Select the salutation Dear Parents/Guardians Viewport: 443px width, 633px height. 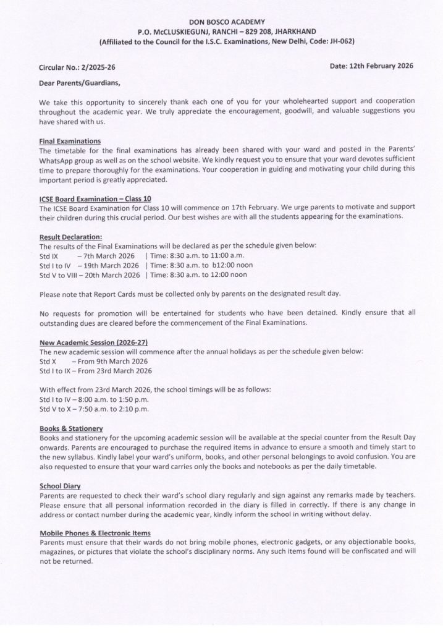80,82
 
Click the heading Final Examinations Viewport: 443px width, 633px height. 70,141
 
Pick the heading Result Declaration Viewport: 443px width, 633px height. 70,237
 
